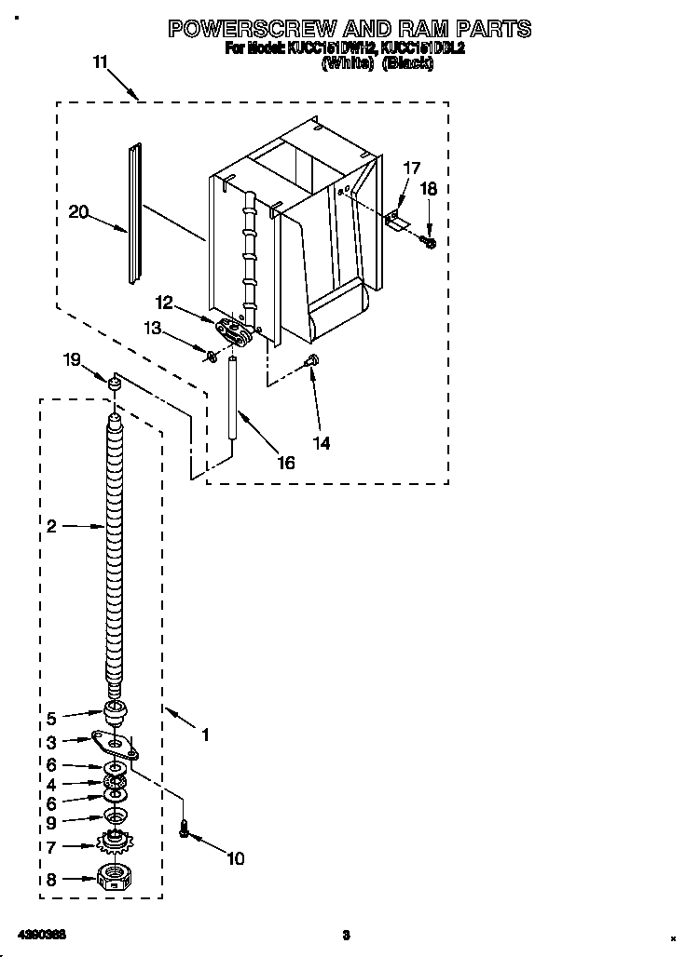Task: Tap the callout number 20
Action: click(x=78, y=212)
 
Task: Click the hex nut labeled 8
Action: click(x=113, y=878)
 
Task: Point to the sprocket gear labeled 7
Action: click(x=115, y=844)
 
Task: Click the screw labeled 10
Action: click(x=185, y=827)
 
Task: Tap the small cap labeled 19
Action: click(x=115, y=383)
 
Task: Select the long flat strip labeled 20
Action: click(x=136, y=214)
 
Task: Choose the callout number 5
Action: click(x=51, y=718)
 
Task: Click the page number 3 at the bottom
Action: click(x=345, y=935)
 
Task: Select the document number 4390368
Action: click(x=38, y=934)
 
